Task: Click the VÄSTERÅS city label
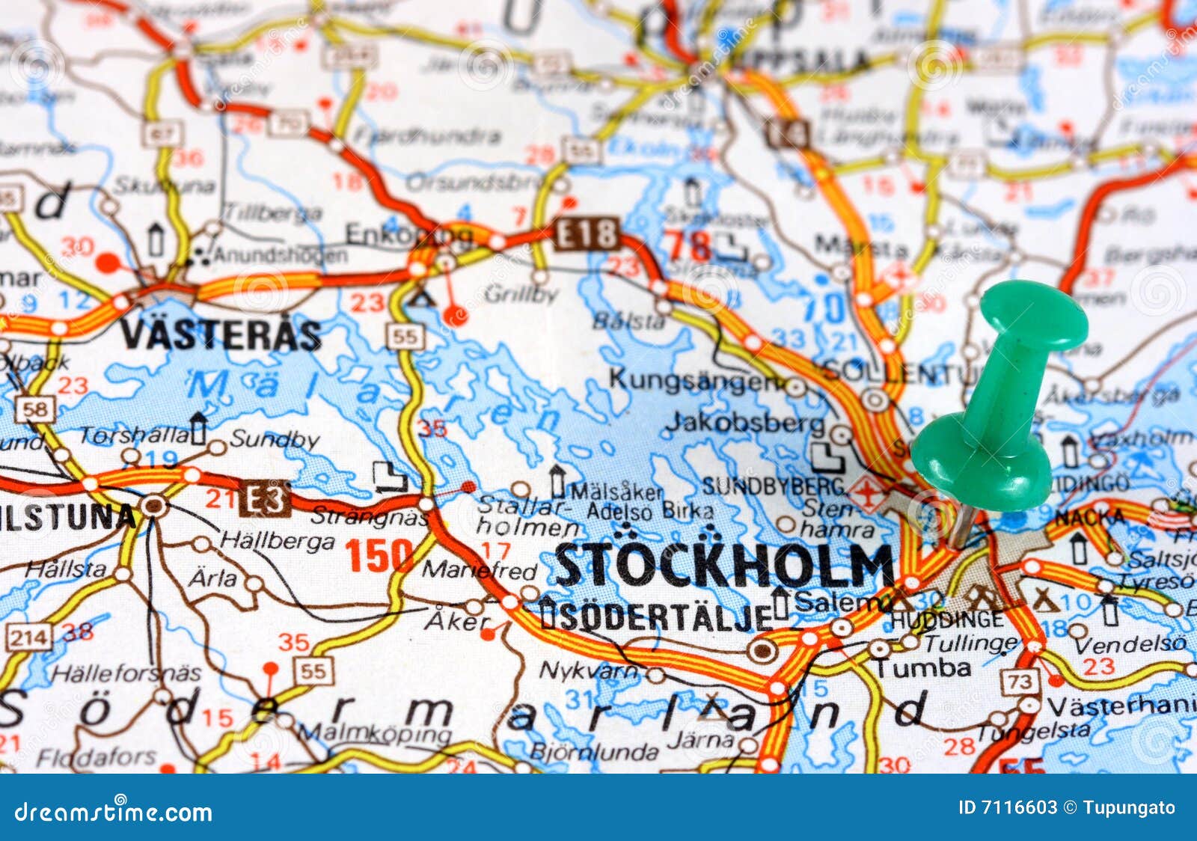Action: click(221, 334)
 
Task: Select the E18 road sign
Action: click(587, 234)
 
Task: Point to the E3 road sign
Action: click(266, 499)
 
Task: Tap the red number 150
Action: click(379, 556)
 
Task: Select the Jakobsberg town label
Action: click(744, 423)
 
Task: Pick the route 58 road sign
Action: click(35, 409)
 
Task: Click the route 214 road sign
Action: click(29, 637)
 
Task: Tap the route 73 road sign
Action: click(1020, 681)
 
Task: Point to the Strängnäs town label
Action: click(369, 516)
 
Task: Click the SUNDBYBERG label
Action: click(773, 486)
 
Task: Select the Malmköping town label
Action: click(374, 733)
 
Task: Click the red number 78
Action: click(688, 245)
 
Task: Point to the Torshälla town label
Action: click(135, 435)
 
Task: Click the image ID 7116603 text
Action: click(1008, 808)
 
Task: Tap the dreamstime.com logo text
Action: click(113, 811)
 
